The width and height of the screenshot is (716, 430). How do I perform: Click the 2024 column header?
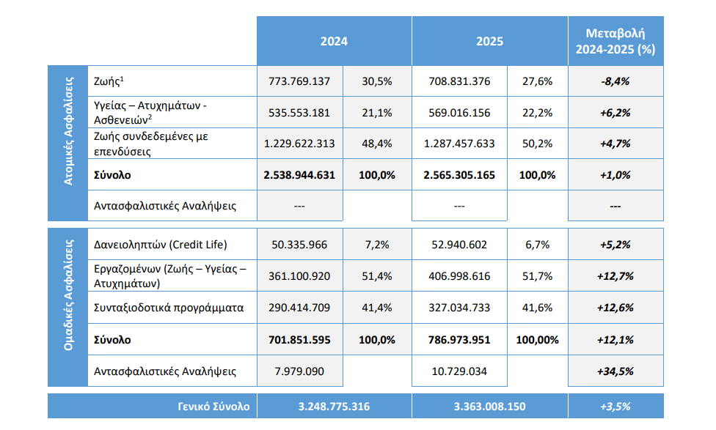click(x=334, y=42)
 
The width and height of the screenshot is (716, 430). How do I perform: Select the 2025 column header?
click(x=489, y=42)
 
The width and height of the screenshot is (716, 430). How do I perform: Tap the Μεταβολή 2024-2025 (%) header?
click(x=615, y=41)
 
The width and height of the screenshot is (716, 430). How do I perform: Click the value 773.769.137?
click(x=299, y=81)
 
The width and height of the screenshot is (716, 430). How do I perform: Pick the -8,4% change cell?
click(x=615, y=81)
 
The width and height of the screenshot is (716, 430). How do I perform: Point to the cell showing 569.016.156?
click(x=459, y=113)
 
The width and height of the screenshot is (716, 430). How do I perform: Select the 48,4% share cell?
click(x=377, y=144)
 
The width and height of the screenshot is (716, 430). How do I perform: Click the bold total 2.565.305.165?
click(x=459, y=175)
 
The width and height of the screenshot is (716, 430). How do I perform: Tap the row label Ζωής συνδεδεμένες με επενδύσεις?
click(x=150, y=144)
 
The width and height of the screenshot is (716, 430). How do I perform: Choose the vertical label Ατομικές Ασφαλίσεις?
click(x=68, y=131)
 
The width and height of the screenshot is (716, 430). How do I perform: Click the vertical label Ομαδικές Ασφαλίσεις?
click(x=68, y=295)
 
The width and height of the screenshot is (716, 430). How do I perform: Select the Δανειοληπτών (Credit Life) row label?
click(x=160, y=245)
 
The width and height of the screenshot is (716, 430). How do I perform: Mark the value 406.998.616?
click(x=459, y=276)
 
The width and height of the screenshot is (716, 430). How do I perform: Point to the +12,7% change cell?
click(x=615, y=276)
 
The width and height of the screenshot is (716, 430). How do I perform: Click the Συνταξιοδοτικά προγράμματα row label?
click(x=169, y=308)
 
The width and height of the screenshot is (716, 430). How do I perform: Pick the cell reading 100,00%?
click(x=537, y=340)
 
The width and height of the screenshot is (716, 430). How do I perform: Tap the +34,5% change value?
click(x=615, y=371)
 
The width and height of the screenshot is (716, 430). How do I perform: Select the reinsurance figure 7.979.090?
click(x=299, y=371)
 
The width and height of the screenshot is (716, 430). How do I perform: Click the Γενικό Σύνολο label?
click(x=213, y=407)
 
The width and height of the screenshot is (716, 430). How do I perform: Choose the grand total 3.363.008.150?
click(x=489, y=407)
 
